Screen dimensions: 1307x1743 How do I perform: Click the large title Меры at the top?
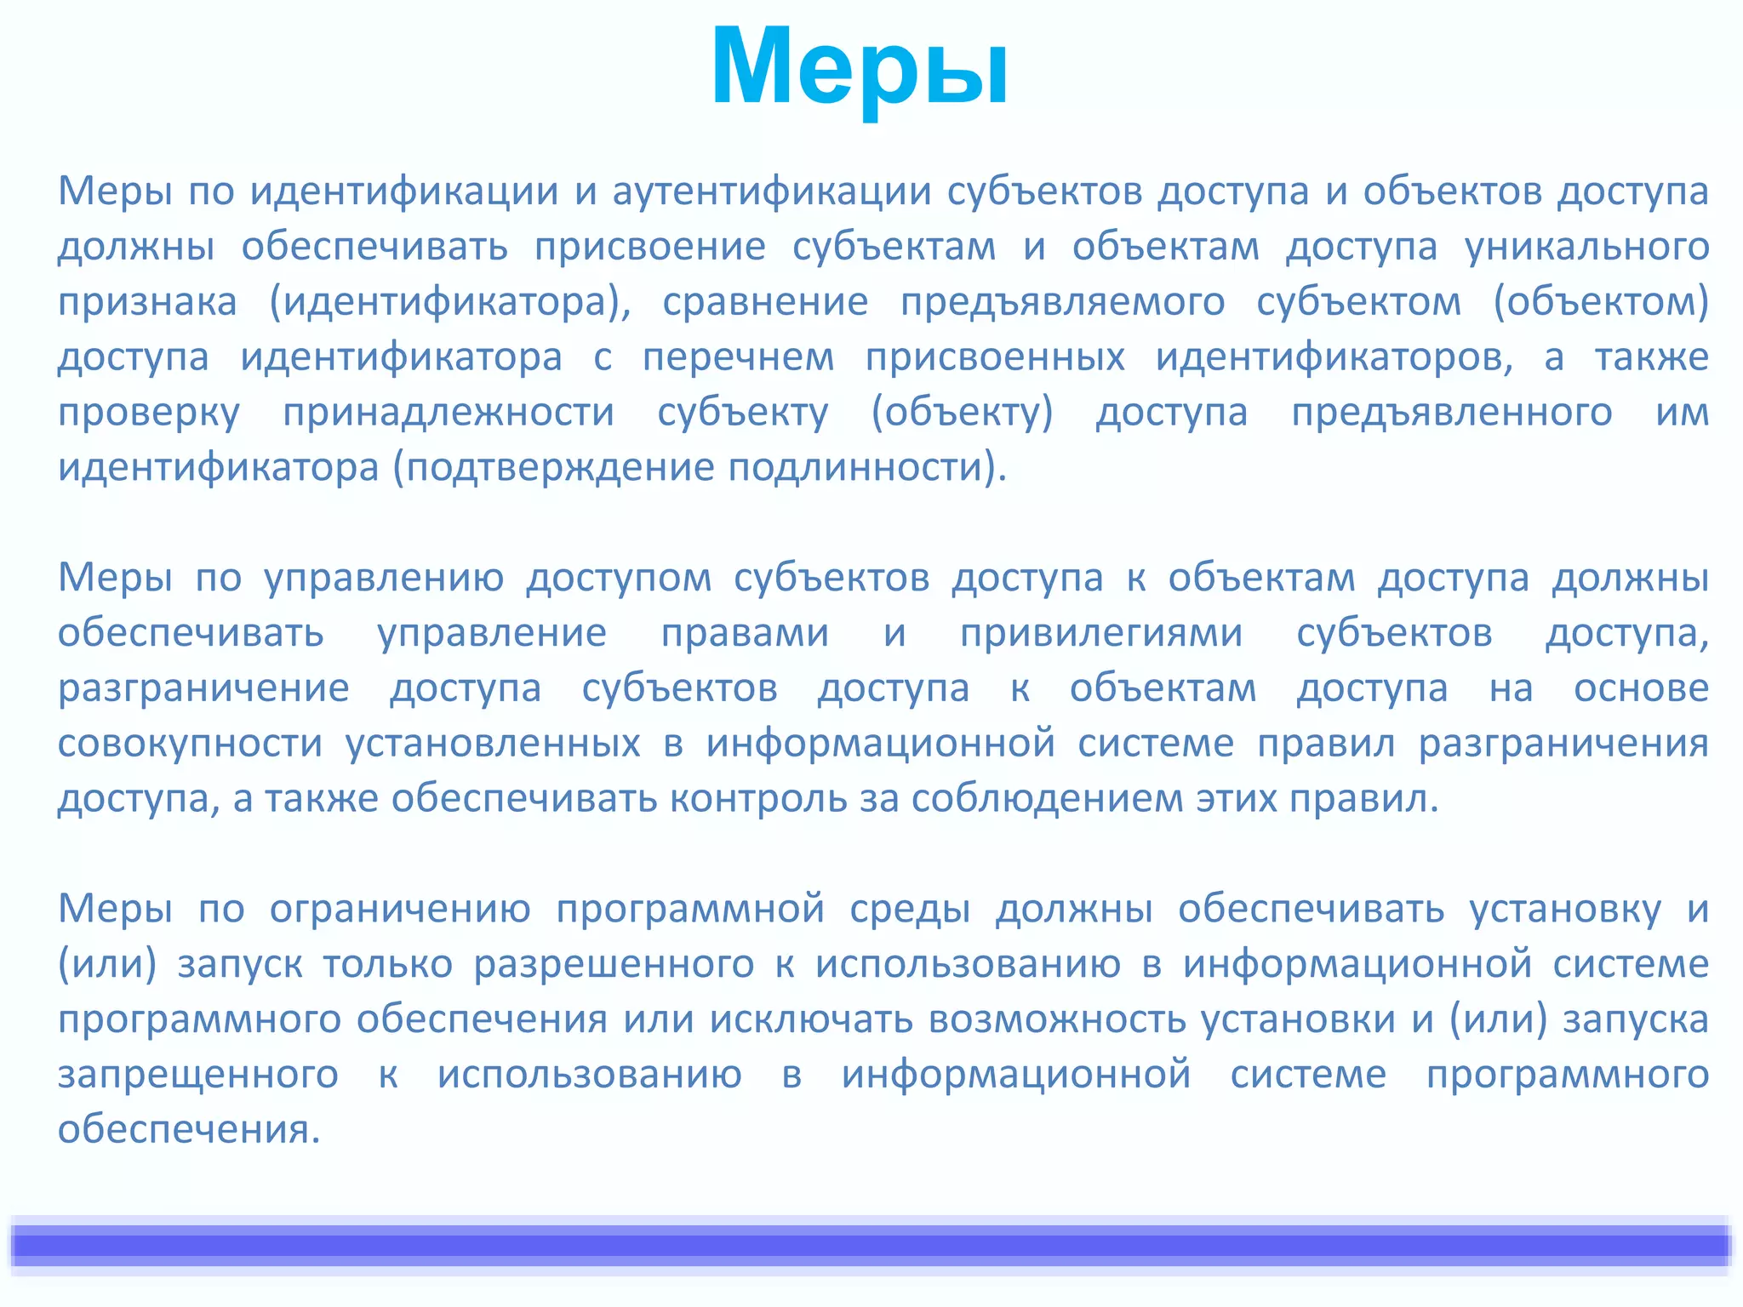coord(860,68)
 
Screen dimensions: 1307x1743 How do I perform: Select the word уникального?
coord(1586,247)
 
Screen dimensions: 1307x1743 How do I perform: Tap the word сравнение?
coord(765,302)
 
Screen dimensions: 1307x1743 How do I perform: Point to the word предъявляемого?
coord(1062,302)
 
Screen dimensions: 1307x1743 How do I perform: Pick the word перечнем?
coord(738,357)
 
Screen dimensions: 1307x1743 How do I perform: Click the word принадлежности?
coord(449,413)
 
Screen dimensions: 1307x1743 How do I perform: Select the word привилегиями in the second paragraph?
coord(1101,633)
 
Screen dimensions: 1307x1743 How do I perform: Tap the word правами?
coord(745,633)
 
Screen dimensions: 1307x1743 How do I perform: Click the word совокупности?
coord(190,744)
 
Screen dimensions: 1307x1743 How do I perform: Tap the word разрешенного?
coord(614,964)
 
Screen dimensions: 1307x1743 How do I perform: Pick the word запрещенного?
coord(197,1075)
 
